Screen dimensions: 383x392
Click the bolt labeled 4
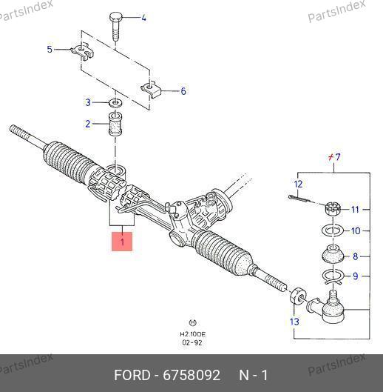click(x=115, y=25)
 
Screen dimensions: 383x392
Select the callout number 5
click(x=50, y=49)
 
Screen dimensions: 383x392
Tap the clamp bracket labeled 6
click(x=151, y=90)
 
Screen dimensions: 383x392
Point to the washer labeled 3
click(x=115, y=103)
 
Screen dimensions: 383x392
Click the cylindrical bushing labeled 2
click(x=115, y=124)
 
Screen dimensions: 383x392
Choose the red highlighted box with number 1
click(x=122, y=242)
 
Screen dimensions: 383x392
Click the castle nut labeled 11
click(x=333, y=209)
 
